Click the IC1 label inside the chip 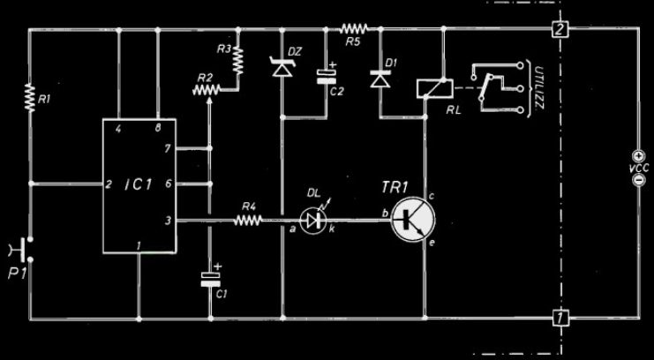point(139,186)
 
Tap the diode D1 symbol point(380,79)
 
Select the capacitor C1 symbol point(211,278)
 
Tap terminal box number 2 point(558,30)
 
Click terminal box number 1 point(558,317)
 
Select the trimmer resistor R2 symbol point(207,87)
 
